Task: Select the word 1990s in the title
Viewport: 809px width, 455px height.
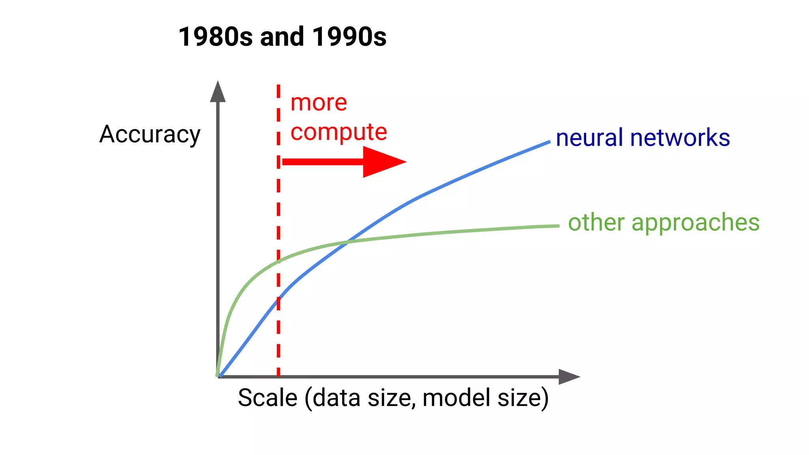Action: pyautogui.click(x=349, y=37)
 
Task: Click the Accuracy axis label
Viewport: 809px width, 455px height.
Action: pyautogui.click(x=150, y=135)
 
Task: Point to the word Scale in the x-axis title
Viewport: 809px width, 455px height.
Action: pyautogui.click(x=267, y=398)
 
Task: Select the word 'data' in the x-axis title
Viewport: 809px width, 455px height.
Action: pyautogui.click(x=338, y=398)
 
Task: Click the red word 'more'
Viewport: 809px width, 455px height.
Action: pyautogui.click(x=319, y=103)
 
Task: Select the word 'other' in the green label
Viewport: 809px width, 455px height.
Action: pyautogui.click(x=596, y=222)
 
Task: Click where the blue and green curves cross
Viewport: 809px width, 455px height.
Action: pyautogui.click(x=347, y=242)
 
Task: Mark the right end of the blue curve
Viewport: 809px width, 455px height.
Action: pyautogui.click(x=549, y=142)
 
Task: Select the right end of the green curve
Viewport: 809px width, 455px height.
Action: pyautogui.click(x=558, y=226)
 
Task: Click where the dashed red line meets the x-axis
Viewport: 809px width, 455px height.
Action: pyautogui.click(x=278, y=376)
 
